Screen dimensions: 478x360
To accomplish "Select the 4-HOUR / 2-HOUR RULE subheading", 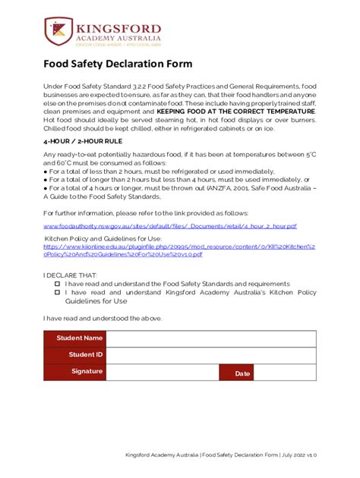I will click(84, 161).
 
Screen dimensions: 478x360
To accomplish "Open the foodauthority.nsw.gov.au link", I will click(169, 226).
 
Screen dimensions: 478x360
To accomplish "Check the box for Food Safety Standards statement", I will click(56, 282).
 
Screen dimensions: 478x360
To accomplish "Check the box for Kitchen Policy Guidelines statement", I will click(56, 291).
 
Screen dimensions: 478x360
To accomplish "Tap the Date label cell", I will click(242, 373).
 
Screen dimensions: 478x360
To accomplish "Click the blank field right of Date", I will click(291, 373).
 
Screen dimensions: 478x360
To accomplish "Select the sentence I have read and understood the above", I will click(103, 318).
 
